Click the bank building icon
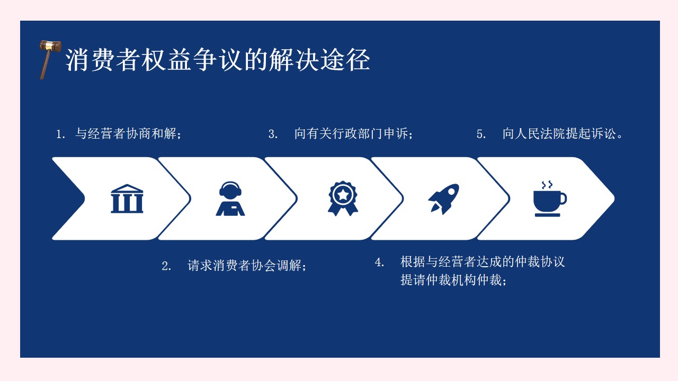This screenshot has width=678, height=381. [x=127, y=198]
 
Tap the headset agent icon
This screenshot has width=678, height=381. [x=230, y=198]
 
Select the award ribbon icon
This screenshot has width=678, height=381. [x=343, y=198]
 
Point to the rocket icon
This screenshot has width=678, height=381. [x=444, y=198]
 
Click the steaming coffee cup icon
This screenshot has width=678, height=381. [x=550, y=199]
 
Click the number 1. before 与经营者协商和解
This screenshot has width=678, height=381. [x=60, y=134]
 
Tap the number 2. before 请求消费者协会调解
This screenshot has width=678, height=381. [x=166, y=266]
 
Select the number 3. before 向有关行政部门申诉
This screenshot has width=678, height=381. [x=273, y=134]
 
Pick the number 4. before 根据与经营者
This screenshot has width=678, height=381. [x=380, y=262]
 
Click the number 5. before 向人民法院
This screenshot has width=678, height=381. [x=481, y=134]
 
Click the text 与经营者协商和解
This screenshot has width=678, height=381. [x=126, y=134]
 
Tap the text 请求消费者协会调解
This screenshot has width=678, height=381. [x=244, y=266]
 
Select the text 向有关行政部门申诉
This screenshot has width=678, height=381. [x=351, y=134]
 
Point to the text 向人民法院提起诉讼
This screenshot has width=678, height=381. [x=559, y=134]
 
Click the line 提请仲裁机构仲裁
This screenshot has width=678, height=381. [x=451, y=280]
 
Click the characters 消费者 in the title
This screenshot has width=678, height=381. [x=103, y=60]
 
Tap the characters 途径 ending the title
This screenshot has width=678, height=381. [x=345, y=60]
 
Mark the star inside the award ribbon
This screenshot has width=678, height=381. [x=343, y=195]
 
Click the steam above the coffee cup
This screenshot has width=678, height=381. [x=547, y=185]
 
